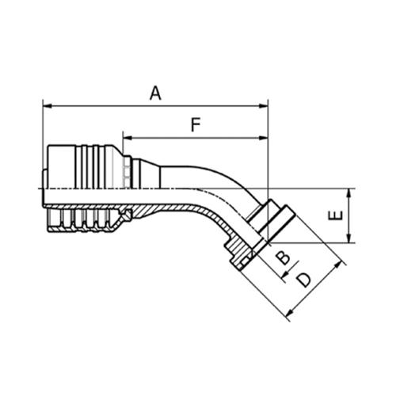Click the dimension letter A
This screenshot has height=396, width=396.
(x=155, y=93)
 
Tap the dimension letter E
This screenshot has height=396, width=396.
(x=336, y=215)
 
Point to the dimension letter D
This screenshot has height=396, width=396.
(x=302, y=280)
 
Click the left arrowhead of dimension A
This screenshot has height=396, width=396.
(x=46, y=105)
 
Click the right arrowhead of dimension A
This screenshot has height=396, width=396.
(x=265, y=105)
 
